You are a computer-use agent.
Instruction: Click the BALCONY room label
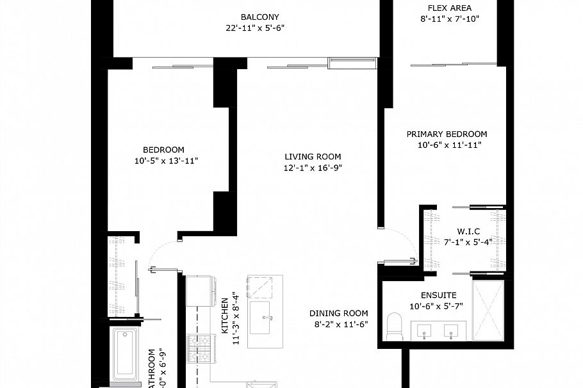(x=259, y=17)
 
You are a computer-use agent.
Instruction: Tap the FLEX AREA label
(x=449, y=8)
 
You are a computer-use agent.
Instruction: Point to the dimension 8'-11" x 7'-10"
(x=449, y=19)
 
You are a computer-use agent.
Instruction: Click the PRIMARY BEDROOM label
(x=447, y=134)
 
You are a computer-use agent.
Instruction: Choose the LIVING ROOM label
(x=313, y=156)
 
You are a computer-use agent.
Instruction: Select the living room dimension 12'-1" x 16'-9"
(x=313, y=168)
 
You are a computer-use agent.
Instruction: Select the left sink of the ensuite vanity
(x=423, y=332)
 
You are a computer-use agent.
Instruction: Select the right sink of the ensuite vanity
(x=452, y=332)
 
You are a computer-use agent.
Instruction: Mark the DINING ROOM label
(x=338, y=313)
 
